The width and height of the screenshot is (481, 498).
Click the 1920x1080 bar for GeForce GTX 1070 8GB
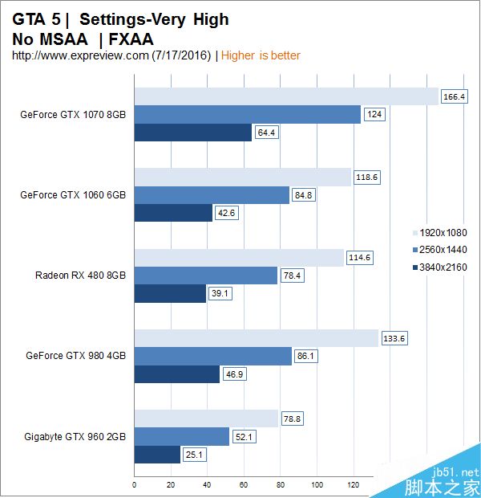coord(286,96)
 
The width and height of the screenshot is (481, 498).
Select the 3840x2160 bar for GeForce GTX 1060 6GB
coord(173,213)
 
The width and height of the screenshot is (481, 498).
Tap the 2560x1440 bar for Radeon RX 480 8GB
coord(205,276)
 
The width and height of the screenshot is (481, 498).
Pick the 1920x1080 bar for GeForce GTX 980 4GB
coord(256,338)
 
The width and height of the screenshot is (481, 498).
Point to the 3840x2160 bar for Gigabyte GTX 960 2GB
coord(157,455)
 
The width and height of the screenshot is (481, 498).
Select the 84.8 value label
coord(304,194)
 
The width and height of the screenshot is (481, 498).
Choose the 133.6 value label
coord(394,338)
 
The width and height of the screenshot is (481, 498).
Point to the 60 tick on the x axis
coord(244,484)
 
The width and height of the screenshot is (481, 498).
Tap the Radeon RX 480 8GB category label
coord(80,276)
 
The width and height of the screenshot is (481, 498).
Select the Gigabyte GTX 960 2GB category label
coord(75,436)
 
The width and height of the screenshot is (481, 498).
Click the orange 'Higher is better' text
coord(261,55)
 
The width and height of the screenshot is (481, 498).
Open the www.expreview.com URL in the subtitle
coord(80,55)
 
